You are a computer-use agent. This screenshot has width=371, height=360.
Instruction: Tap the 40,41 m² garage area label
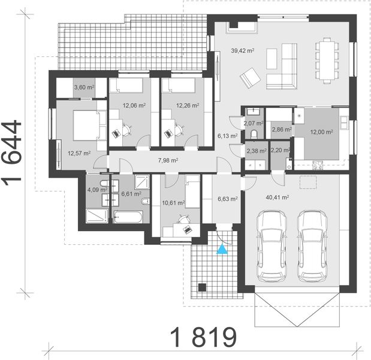click(277, 196)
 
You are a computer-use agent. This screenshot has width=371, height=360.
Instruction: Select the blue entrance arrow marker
click(222, 249)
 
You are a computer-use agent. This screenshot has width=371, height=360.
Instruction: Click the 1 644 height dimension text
click(14, 154)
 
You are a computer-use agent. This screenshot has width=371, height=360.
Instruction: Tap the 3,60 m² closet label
click(83, 88)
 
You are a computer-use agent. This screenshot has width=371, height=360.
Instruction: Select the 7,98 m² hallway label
click(169, 160)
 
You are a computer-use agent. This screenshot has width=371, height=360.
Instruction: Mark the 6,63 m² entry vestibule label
click(227, 199)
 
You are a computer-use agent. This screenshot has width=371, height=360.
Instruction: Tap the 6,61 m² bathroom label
click(131, 194)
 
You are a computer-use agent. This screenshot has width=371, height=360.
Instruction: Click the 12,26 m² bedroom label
click(187, 106)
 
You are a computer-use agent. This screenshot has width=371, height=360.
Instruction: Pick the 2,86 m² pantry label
click(280, 129)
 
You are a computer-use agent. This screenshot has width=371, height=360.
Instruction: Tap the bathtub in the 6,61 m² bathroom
click(129, 215)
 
